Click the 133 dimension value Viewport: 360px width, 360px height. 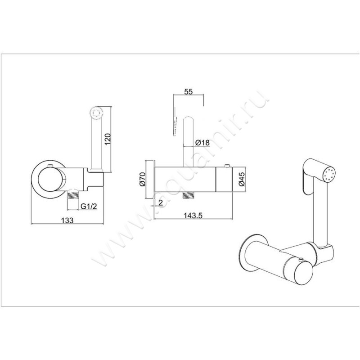(x=67, y=220)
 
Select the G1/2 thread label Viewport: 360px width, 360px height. (x=89, y=206)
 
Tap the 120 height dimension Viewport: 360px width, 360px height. (x=108, y=139)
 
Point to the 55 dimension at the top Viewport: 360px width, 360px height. (x=188, y=92)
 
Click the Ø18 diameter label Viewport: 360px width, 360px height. (x=202, y=143)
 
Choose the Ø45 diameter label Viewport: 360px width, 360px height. (x=242, y=179)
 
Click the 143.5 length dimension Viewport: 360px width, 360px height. (x=193, y=216)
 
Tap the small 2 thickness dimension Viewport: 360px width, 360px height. (x=161, y=202)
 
